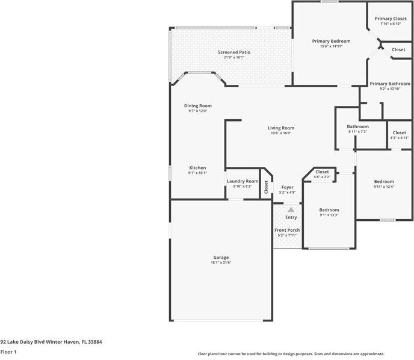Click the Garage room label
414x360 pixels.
click(x=221, y=257)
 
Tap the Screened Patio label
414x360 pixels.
click(x=234, y=52)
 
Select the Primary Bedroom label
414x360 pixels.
click(x=331, y=41)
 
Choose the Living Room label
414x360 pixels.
click(x=281, y=128)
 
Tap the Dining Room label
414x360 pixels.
click(x=198, y=106)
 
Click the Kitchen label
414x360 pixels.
click(x=198, y=167)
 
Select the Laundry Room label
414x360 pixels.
click(x=243, y=181)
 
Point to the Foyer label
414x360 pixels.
click(x=288, y=187)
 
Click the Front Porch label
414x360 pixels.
click(x=287, y=230)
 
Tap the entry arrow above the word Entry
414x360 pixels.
click(x=291, y=209)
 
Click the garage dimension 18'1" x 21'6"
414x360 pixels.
click(x=221, y=262)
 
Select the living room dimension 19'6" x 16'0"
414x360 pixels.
click(x=281, y=133)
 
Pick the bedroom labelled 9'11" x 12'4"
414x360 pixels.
click(x=384, y=181)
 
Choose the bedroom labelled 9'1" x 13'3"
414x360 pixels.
click(x=329, y=209)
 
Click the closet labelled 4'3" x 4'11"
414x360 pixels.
click(x=400, y=132)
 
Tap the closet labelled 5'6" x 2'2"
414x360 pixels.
click(x=322, y=172)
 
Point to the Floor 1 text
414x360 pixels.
click(x=8, y=352)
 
